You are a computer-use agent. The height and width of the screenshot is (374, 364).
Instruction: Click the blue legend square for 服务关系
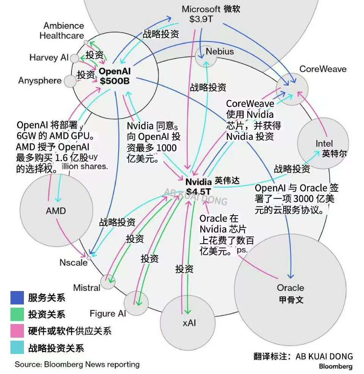pos(17,297)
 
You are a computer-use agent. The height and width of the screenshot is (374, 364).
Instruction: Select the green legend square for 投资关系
pos(17,314)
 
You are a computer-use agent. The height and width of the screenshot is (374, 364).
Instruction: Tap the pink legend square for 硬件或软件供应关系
pos(17,331)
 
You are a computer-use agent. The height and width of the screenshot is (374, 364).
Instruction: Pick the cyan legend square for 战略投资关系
pos(17,348)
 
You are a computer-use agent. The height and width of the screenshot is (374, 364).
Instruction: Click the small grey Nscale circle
pos(89,258)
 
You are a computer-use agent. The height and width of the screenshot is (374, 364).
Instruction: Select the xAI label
pos(189,323)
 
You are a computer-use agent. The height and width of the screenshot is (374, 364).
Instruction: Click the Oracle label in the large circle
pos(290,288)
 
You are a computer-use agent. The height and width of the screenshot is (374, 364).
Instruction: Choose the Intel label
pos(324,144)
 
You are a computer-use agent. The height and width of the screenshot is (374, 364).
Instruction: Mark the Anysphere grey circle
pos(70,81)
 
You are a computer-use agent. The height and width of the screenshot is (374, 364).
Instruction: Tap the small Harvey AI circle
pos(75,58)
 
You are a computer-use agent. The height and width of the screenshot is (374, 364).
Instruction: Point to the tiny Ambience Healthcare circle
pos(86,42)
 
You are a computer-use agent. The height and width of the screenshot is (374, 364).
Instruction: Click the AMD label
pos(56,211)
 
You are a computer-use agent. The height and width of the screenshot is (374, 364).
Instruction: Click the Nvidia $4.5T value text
pos(199,191)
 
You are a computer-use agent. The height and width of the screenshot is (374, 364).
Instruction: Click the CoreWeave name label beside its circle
pos(323,69)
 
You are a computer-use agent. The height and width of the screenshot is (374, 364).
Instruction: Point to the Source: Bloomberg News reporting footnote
pos(77,365)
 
